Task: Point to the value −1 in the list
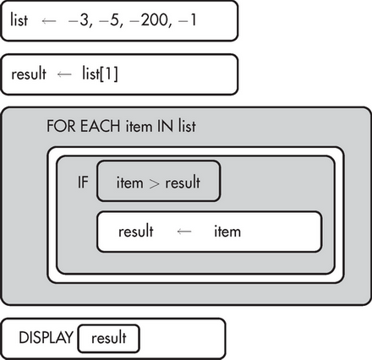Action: click(187, 20)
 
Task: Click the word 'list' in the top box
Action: click(19, 19)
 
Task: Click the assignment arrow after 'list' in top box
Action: click(49, 21)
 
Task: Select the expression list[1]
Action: click(100, 74)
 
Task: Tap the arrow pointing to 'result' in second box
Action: click(64, 74)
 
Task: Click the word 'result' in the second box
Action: click(29, 74)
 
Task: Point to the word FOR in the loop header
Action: click(61, 126)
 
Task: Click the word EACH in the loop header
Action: click(101, 126)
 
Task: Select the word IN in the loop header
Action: click(165, 126)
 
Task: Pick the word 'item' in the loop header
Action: click(139, 126)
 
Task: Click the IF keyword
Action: click(83, 182)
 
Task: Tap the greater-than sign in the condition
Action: click(154, 183)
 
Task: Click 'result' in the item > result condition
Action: click(183, 183)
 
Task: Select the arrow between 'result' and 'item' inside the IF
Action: click(184, 232)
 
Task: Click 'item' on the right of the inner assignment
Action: click(227, 232)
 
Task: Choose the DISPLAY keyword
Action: click(46, 337)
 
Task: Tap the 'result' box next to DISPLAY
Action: click(108, 339)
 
